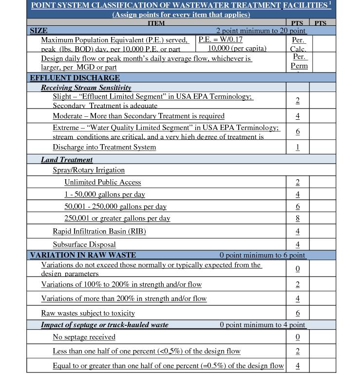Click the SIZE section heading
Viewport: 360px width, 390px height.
point(38,31)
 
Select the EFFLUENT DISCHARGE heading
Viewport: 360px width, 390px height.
point(75,78)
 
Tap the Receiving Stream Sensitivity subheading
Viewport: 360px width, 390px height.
point(86,88)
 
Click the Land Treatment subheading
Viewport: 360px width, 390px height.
point(67,160)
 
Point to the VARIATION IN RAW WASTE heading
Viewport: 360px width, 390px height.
point(83,255)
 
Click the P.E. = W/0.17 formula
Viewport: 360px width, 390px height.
point(220,40)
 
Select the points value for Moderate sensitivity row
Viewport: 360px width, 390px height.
point(298,116)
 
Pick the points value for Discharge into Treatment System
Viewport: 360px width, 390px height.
point(298,147)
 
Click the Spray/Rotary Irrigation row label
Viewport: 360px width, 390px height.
point(89,170)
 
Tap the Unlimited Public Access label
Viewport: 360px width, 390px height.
point(103,182)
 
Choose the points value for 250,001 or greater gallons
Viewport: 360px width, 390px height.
point(298,219)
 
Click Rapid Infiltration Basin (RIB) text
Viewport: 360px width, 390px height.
point(99,231)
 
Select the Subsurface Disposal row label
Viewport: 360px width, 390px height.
point(84,244)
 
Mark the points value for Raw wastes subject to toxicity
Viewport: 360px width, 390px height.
point(298,313)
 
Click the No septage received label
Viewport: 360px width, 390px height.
point(84,337)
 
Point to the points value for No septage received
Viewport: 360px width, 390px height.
point(298,337)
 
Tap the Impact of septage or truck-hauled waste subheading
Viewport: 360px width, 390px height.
point(105,325)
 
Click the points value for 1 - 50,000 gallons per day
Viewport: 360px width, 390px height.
point(298,194)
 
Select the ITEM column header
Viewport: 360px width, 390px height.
point(156,23)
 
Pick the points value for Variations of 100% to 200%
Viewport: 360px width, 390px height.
point(298,284)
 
